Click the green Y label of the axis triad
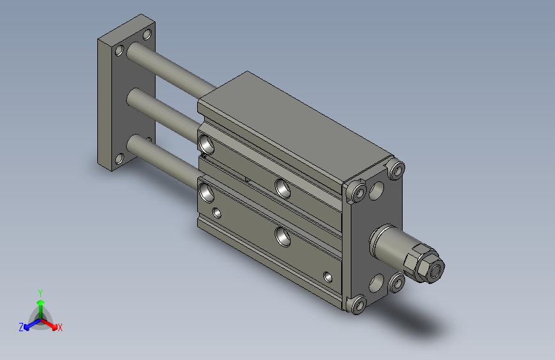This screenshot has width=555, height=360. pyautogui.click(x=40, y=293)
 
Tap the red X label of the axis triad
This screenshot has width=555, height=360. pyautogui.click(x=60, y=327)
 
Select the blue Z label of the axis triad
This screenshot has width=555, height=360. pyautogui.click(x=21, y=327)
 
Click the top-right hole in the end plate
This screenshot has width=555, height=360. pyautogui.click(x=147, y=35)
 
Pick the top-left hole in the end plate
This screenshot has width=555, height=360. pyautogui.click(x=120, y=51)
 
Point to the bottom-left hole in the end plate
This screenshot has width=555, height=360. pyautogui.click(x=120, y=159)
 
